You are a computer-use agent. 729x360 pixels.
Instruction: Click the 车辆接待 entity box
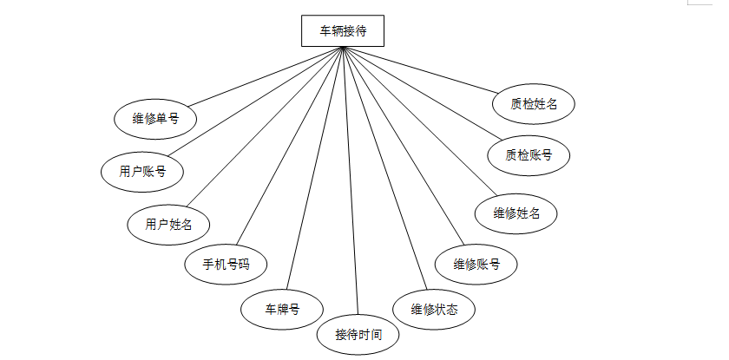pos(343,31)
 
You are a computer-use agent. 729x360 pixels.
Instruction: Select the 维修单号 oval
pos(155,119)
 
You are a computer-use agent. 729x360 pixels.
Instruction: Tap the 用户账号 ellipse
pos(142,171)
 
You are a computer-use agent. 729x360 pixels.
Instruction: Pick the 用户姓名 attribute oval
pos(168,225)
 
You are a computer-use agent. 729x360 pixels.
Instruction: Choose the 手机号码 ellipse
pos(226,264)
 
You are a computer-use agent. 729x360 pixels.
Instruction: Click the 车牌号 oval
pos(282,308)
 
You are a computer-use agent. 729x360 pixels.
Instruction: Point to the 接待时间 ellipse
pos(359,334)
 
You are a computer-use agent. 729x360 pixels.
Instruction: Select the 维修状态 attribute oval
pos(434,308)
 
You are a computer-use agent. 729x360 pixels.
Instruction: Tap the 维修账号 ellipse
pos(476,264)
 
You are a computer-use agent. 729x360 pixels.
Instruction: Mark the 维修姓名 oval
pos(516,213)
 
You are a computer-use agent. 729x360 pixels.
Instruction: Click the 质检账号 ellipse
pos(528,156)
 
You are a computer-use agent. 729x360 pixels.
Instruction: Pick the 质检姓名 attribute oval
pos(534,104)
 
